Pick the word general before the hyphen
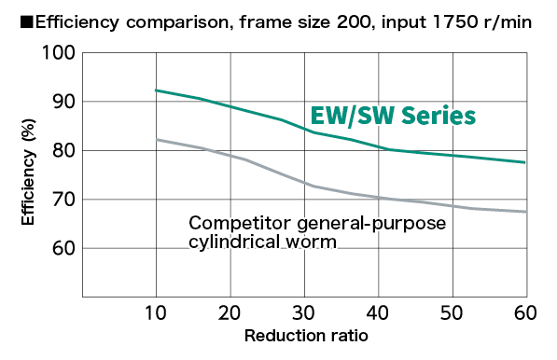point(322,226)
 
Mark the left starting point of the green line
point(156,90)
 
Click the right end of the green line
point(525,162)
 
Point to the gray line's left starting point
point(156,139)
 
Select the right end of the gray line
point(525,212)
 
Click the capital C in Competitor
point(195,224)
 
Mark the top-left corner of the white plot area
point(83,52)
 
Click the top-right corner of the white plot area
point(526,52)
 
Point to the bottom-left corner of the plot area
point(83,297)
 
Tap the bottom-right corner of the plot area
point(526,297)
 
